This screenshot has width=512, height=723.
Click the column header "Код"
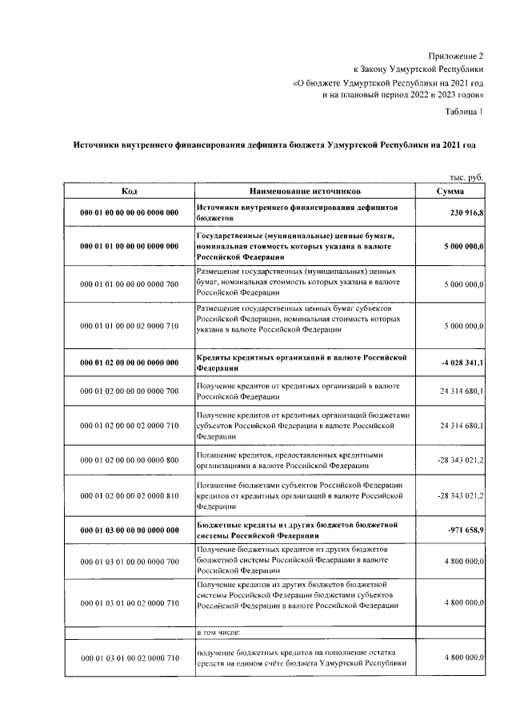click(x=129, y=192)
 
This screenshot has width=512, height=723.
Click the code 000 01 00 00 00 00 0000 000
click(x=129, y=213)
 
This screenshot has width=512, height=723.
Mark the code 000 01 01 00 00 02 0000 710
click(x=129, y=326)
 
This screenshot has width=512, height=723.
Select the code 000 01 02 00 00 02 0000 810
click(x=129, y=495)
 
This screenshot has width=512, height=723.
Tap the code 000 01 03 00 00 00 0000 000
click(x=129, y=530)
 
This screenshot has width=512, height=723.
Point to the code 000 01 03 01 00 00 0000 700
click(x=129, y=562)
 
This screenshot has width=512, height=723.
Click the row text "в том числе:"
click(x=219, y=632)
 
